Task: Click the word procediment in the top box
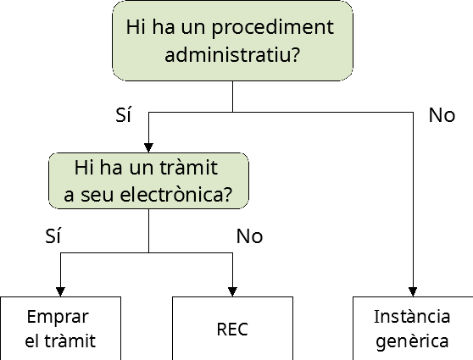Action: [x=273, y=28]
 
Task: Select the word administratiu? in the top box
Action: [x=232, y=54]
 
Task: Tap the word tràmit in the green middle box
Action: [x=188, y=168]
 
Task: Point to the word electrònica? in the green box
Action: [x=176, y=195]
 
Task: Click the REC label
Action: [x=232, y=330]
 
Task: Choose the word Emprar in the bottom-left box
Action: [x=58, y=318]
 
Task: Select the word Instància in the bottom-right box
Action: [x=412, y=317]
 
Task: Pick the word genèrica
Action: [x=412, y=342]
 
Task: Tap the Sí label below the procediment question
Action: [x=124, y=114]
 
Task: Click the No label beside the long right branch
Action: [x=442, y=115]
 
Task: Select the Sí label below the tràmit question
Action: [x=53, y=235]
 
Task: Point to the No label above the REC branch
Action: [x=249, y=236]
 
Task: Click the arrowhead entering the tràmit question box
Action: [x=148, y=147]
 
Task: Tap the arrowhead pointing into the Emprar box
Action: [x=60, y=291]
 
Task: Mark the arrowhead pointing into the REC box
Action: [x=232, y=291]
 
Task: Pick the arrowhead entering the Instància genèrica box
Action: [x=413, y=291]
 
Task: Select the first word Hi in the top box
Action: [x=136, y=27]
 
